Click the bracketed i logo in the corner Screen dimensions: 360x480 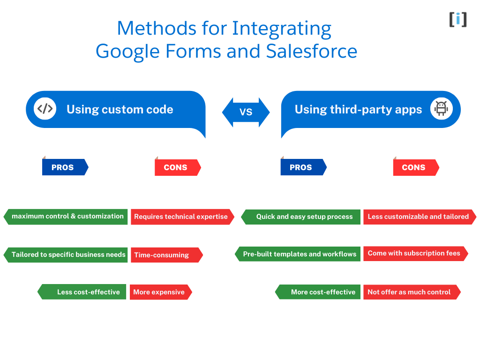(458, 19)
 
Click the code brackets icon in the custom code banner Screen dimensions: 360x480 (45, 109)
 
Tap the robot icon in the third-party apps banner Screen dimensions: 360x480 (441, 109)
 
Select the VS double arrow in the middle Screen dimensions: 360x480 (246, 112)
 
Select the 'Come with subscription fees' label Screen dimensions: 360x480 (415, 253)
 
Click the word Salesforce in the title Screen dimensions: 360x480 (312, 51)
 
